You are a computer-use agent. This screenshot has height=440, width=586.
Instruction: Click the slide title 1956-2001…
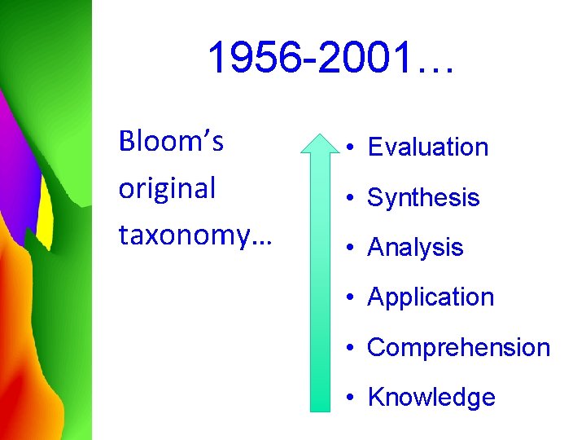point(331,59)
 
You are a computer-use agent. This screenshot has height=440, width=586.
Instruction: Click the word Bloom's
point(171,142)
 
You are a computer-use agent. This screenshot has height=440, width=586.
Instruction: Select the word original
point(167,188)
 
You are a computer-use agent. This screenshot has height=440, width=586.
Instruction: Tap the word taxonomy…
point(195,235)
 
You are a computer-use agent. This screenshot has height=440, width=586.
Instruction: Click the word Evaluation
point(428,147)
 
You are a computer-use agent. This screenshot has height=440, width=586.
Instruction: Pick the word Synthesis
point(423,198)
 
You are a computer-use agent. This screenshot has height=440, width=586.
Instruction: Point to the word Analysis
point(415,248)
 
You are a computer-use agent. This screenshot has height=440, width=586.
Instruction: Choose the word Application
point(431,297)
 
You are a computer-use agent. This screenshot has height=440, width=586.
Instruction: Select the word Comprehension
point(459,348)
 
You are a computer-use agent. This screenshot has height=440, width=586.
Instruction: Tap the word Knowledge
point(431,398)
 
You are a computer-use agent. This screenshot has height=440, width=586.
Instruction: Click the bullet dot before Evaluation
point(348,148)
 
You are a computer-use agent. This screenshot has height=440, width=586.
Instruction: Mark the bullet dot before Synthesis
point(348,198)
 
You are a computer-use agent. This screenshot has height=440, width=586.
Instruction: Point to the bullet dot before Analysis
point(348,248)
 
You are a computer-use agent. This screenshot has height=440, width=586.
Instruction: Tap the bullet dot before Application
point(348,298)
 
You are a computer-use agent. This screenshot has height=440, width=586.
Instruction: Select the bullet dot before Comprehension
point(348,348)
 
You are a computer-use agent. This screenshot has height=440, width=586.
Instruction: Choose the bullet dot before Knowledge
point(348,398)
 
